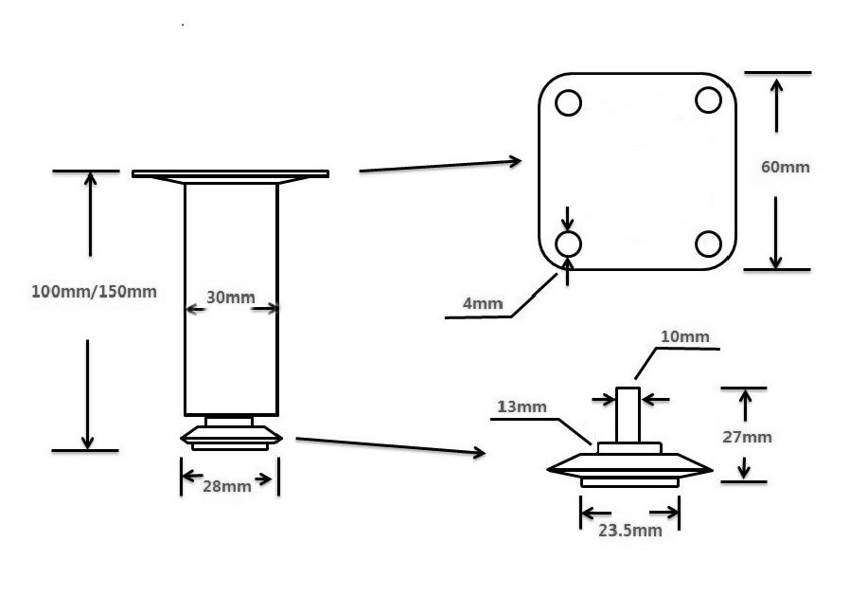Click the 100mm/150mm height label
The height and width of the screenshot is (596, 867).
94,292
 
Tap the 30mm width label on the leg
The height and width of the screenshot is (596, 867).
231,298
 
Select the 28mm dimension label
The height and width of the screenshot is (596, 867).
227,486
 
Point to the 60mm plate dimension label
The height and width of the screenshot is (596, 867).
786,168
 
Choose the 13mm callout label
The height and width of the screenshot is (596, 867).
522,407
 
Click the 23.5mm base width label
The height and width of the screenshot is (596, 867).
630,531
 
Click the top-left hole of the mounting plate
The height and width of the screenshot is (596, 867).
568,102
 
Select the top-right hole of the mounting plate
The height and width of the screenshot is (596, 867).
709,99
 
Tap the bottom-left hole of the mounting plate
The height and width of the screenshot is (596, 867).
568,244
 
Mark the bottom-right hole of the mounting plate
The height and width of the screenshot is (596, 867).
709,244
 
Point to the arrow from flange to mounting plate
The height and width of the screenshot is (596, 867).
440,166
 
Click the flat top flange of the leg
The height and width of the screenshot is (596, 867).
230,174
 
